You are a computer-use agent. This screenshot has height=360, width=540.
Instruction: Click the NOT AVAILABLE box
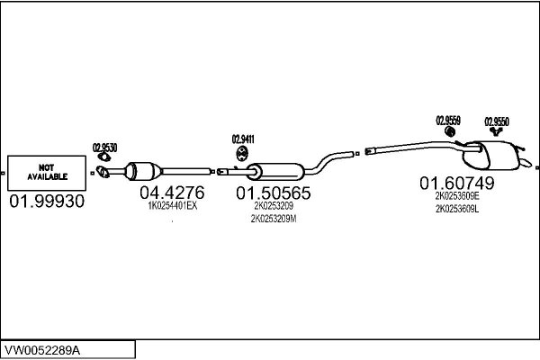pyautogui.click(x=47, y=173)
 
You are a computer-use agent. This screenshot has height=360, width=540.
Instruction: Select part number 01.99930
pyautogui.click(x=47, y=202)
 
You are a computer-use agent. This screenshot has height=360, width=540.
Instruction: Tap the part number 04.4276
pyautogui.click(x=172, y=193)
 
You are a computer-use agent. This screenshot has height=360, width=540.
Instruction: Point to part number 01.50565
pyautogui.click(x=274, y=193)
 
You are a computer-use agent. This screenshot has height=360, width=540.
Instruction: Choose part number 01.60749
pyautogui.click(x=457, y=183)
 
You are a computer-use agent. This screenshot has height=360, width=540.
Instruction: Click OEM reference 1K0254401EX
pyautogui.click(x=173, y=206)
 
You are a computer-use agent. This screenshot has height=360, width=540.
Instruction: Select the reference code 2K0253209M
pyautogui.click(x=274, y=219)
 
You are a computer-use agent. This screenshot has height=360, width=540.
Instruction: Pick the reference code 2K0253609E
pyautogui.click(x=457, y=196)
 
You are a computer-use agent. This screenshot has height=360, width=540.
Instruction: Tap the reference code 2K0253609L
pyautogui.click(x=457, y=209)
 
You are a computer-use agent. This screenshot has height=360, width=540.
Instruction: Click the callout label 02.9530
pyautogui.click(x=104, y=148)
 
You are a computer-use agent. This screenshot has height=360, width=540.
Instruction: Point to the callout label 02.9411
pyautogui.click(x=243, y=139)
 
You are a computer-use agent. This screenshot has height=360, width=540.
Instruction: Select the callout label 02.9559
pyautogui.click(x=448, y=121)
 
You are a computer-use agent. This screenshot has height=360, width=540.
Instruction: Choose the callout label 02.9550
pyautogui.click(x=497, y=121)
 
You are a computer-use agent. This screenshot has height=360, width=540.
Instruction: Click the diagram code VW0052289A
pyautogui.click(x=42, y=351)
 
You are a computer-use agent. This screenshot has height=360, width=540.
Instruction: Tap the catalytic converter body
pyautogui.click(x=142, y=171)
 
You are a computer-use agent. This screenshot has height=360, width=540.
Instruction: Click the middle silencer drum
pyautogui.click(x=275, y=171)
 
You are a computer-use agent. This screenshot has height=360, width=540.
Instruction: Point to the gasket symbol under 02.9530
pyautogui.click(x=103, y=157)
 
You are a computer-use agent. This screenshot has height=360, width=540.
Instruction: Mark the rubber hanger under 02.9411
pyautogui.click(x=242, y=154)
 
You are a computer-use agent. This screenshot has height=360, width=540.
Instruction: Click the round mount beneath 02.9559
pyautogui.click(x=449, y=131)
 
